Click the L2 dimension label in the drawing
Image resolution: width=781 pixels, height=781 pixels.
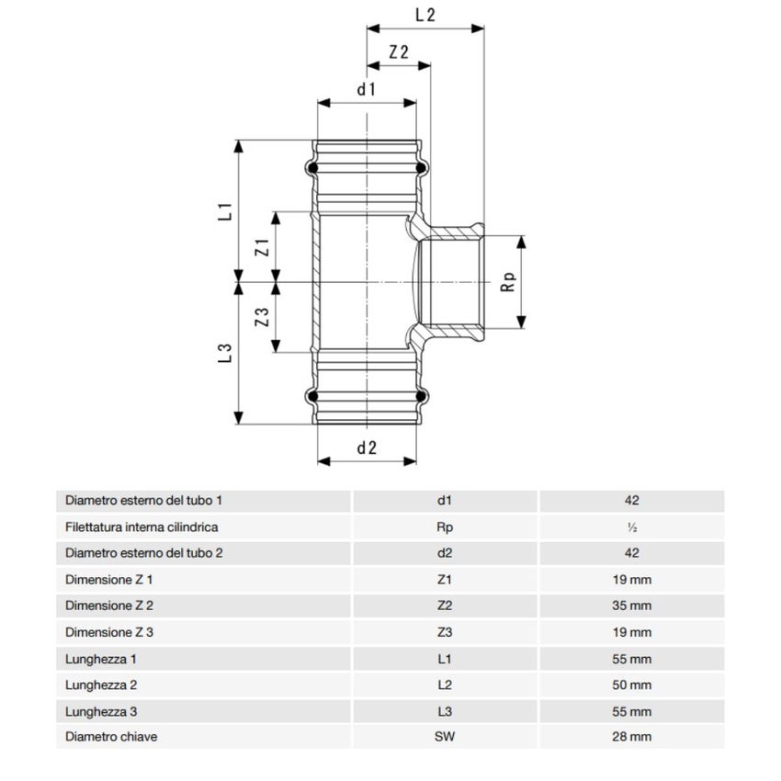[x=424, y=15]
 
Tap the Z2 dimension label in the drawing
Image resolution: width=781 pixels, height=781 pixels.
[x=399, y=52]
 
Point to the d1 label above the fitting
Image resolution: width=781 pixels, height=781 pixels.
[x=367, y=89]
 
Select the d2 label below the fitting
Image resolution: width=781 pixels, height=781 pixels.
[x=367, y=447]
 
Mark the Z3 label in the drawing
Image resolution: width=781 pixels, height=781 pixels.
[x=261, y=319]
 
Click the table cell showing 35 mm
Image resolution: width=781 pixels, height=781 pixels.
[x=630, y=606]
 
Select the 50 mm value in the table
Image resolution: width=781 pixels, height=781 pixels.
[x=630, y=685]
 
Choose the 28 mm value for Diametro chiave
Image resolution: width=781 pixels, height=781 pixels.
[x=630, y=737]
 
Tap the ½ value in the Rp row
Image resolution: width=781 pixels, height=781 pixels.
[x=630, y=528]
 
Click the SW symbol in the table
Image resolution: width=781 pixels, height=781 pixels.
[x=446, y=737]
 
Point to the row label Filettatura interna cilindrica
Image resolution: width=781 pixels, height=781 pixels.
[x=141, y=528]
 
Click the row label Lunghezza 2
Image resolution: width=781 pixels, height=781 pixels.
[x=101, y=685]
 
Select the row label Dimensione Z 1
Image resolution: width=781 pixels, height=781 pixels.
[x=109, y=580]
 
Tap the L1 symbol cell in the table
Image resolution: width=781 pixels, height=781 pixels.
[x=446, y=659]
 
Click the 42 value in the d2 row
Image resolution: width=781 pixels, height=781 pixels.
[x=630, y=553]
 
